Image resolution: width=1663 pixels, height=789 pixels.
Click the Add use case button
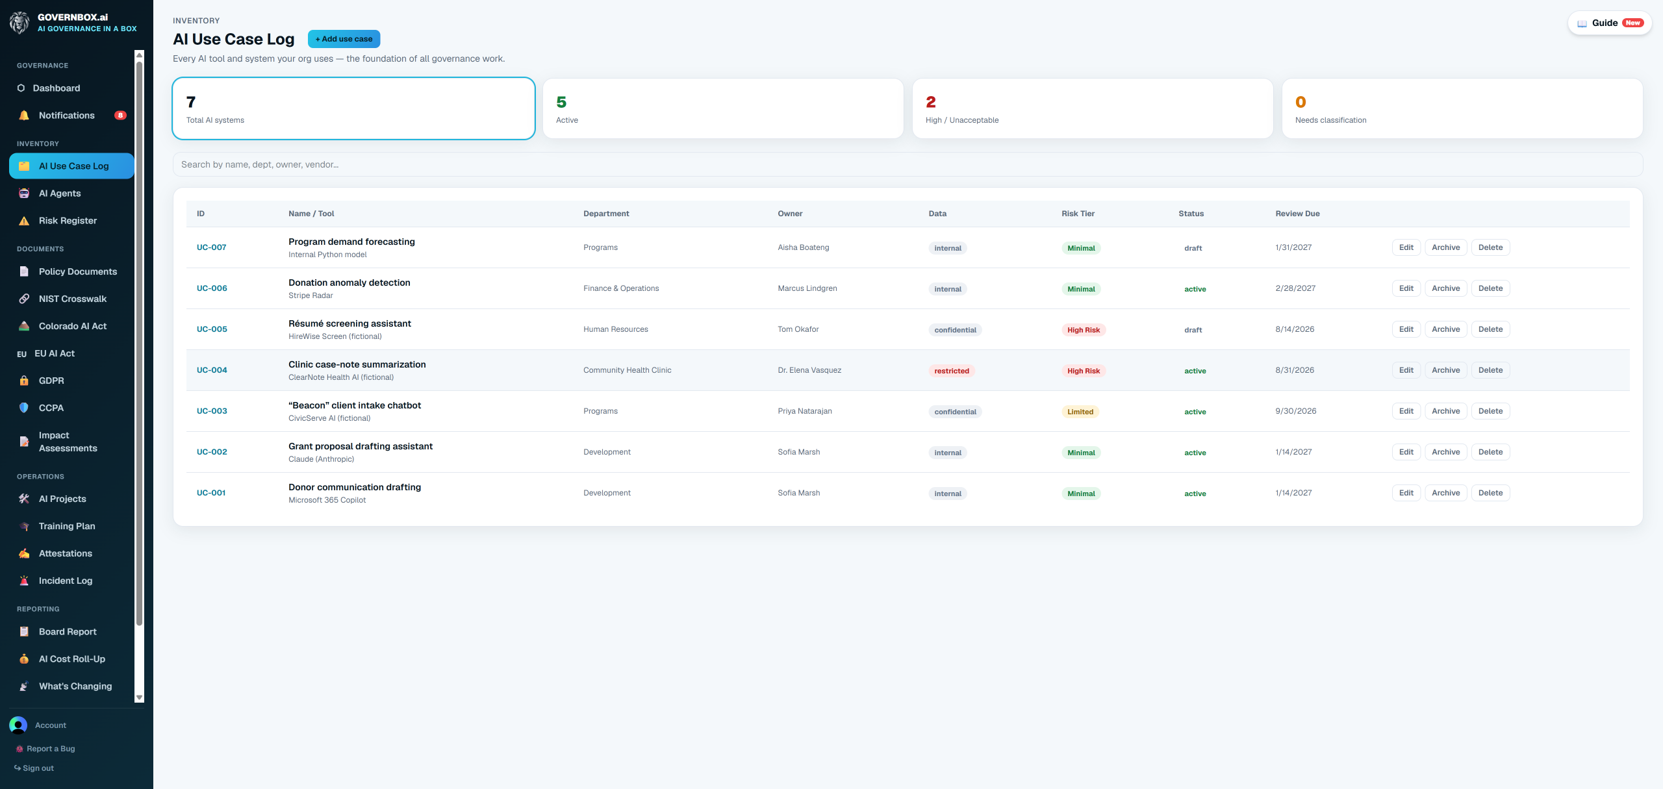[344, 39]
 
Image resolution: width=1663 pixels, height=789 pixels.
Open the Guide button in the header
[1610, 23]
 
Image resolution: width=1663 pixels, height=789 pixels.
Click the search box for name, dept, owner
[908, 164]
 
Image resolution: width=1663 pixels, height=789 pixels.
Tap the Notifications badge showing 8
[120, 116]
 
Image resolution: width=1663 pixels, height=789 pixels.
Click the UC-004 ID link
[212, 370]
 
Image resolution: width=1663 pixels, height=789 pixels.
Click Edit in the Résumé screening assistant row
[1406, 329]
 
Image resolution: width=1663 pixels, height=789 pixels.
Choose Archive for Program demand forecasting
[1445, 247]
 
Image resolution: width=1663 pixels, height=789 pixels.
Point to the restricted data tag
[952, 371]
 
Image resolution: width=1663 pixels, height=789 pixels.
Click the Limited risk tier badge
[1080, 412]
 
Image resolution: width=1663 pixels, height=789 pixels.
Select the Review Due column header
[1297, 214]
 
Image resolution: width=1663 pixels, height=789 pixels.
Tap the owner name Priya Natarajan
[805, 411]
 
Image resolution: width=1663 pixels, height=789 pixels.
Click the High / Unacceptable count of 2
[931, 102]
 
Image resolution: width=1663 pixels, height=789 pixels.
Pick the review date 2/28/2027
[1295, 288]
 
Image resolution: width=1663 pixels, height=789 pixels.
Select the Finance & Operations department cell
[621, 288]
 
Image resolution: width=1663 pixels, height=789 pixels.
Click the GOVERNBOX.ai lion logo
[19, 23]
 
